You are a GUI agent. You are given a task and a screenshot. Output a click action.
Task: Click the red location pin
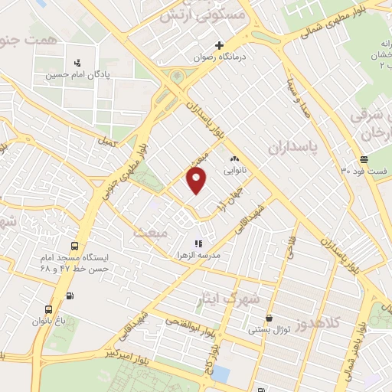(x=197, y=181)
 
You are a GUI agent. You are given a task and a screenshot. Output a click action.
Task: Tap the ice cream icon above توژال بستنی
(x=269, y=318)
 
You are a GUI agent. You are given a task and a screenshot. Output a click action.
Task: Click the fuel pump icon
(x=70, y=296)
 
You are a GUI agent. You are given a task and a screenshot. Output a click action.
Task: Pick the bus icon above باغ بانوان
(x=50, y=310)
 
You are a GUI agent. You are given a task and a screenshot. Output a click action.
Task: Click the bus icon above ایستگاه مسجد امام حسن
(x=74, y=247)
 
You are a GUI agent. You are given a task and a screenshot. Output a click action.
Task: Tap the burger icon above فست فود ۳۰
(x=363, y=159)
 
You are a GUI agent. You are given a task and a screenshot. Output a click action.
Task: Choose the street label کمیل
(x=107, y=142)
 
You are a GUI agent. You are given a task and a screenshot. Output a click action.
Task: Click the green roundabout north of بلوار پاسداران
(x=178, y=77)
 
